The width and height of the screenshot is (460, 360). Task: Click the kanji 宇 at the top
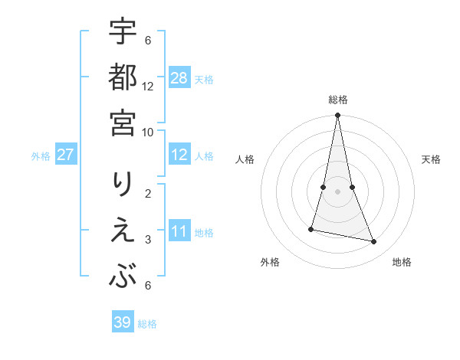123,32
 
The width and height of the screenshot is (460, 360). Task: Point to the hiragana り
123,187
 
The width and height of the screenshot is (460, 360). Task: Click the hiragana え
123,231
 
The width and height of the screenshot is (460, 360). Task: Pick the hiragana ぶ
123,275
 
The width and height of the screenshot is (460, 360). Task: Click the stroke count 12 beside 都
148,86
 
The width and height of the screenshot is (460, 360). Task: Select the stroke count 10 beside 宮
148,131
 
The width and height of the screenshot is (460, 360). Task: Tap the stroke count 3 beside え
148,240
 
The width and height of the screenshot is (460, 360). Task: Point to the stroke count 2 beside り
148,192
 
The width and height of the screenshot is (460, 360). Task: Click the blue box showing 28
179,78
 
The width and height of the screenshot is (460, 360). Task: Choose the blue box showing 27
65,155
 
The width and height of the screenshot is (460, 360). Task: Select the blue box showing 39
122,322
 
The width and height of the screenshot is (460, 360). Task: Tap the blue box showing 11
179,231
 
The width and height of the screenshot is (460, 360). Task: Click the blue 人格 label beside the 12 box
204,156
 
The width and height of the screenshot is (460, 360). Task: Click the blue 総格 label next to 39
147,324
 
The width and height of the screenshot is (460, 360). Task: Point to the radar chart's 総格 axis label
337,100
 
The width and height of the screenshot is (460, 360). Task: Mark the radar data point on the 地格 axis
374,242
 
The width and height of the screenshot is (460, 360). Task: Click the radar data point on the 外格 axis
311,229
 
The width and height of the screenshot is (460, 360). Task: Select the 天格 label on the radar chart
431,159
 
